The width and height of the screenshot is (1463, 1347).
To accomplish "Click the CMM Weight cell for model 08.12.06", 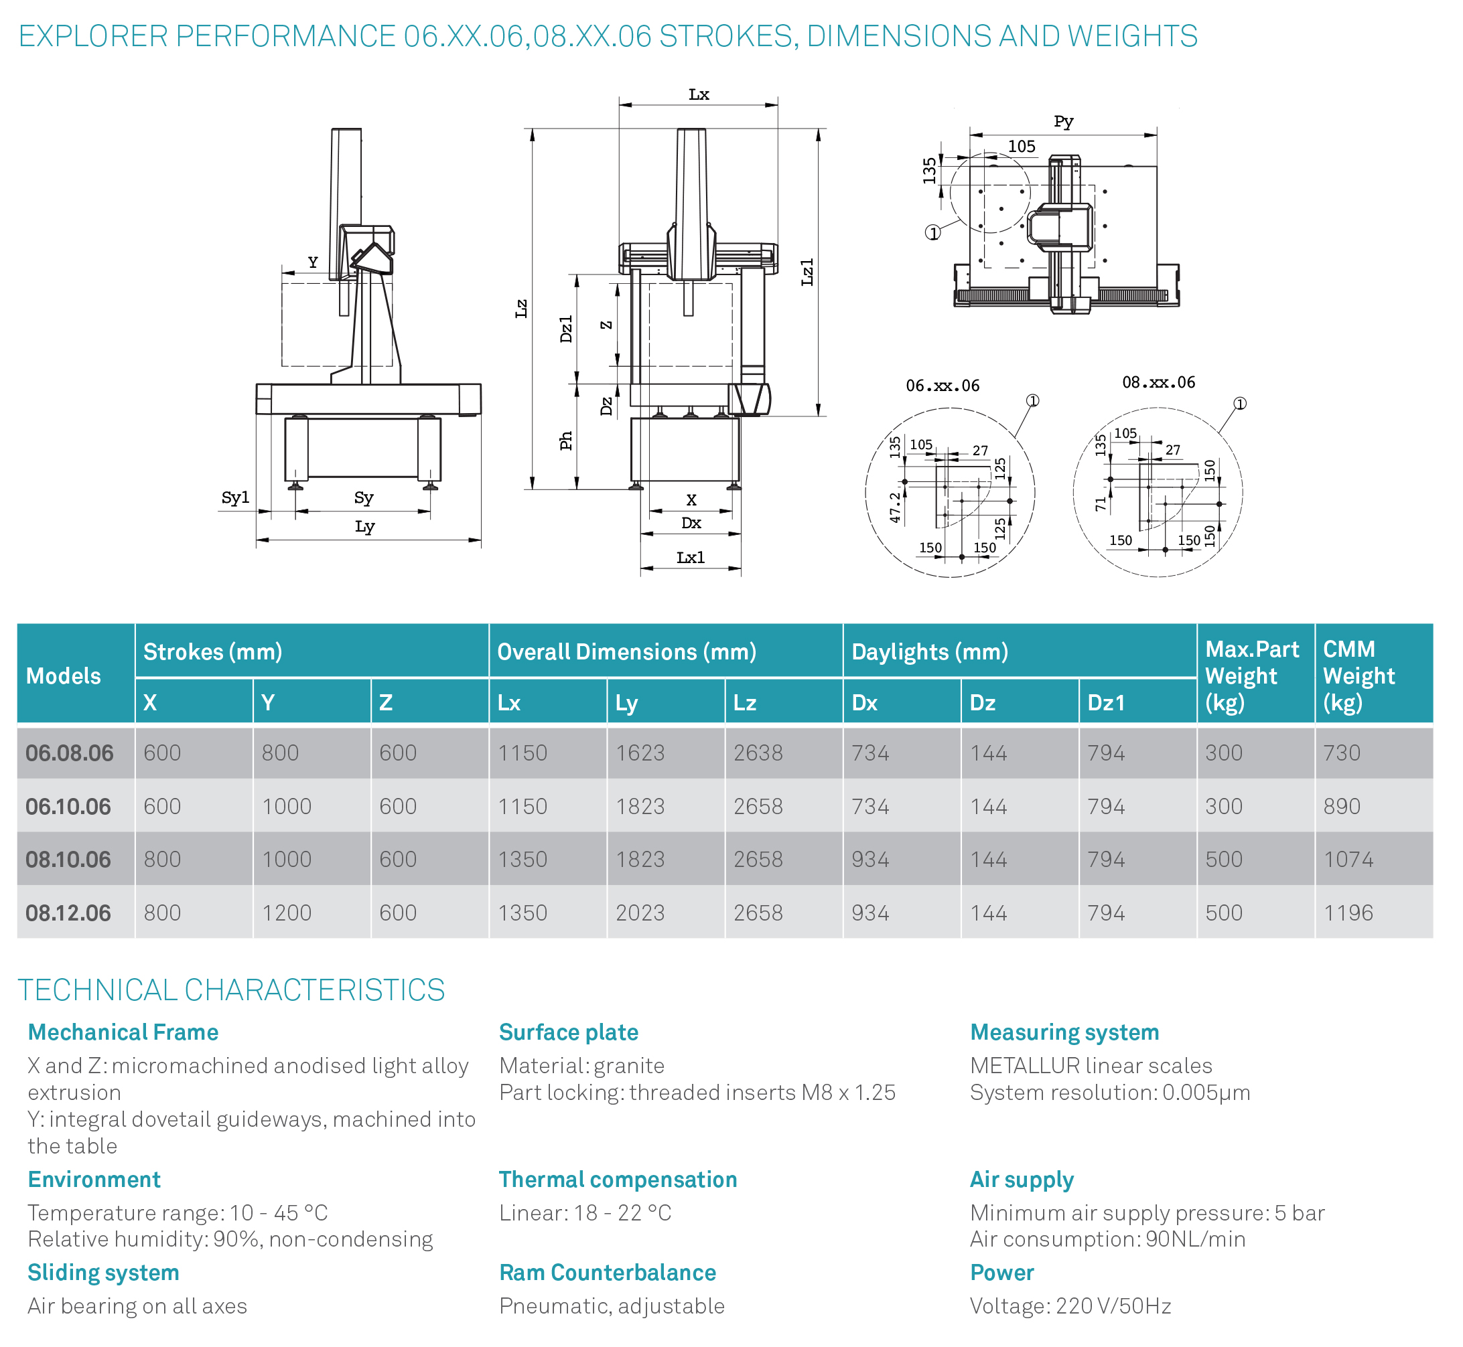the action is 1348,913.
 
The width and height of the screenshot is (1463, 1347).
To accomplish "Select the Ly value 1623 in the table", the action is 640,753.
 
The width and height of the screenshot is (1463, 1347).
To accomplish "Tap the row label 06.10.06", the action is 68,806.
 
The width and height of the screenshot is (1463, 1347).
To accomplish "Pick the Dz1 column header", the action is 1106,703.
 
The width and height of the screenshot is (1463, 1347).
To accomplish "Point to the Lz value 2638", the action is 758,753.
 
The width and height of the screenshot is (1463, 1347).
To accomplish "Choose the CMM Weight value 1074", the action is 1348,860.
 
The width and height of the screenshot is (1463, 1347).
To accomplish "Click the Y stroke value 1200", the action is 287,913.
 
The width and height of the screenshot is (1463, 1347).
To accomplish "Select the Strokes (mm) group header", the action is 213,651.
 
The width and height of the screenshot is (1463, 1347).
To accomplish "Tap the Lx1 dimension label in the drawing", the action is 691,558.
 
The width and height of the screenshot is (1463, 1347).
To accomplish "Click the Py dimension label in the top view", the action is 1063,122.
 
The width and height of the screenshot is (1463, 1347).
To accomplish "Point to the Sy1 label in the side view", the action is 236,498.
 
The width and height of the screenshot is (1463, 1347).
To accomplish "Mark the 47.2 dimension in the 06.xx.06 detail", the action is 895,507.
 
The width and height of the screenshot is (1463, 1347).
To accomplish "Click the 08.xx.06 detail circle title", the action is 1158,383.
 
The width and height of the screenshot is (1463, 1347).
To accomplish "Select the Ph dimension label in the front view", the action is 566,441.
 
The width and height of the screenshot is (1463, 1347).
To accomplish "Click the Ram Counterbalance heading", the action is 608,1273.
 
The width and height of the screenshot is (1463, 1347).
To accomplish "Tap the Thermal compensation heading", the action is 618,1180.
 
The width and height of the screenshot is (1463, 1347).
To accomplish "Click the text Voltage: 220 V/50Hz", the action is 1070,1306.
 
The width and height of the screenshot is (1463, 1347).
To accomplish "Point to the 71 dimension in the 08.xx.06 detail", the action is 1101,503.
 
